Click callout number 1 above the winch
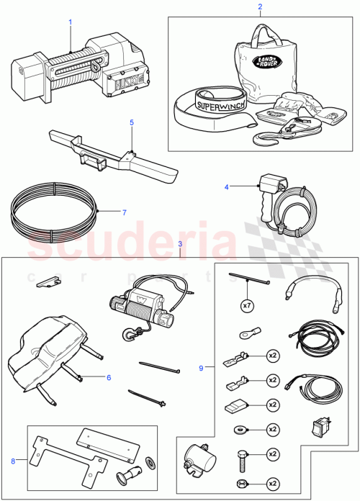(70, 22)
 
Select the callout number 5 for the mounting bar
(131, 122)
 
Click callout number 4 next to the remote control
(227, 187)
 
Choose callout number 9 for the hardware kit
(200, 368)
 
